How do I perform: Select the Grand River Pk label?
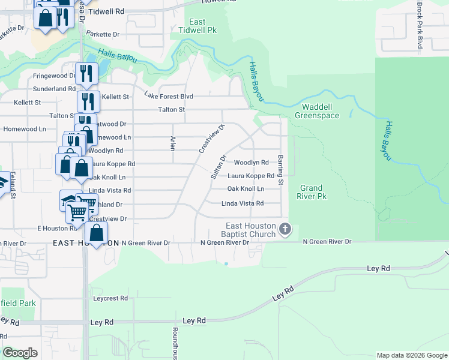point(313,192)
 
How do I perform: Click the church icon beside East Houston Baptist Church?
point(286,229)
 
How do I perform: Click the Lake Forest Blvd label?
point(169,96)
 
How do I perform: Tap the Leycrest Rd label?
point(110,298)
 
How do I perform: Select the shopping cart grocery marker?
point(78,211)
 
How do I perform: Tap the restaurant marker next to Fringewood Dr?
point(87,74)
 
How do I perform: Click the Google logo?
point(20,353)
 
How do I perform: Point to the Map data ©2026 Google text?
point(411,355)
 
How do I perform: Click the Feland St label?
point(11,185)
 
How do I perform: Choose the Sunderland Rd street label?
point(55,89)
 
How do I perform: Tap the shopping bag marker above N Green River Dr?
point(97,233)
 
